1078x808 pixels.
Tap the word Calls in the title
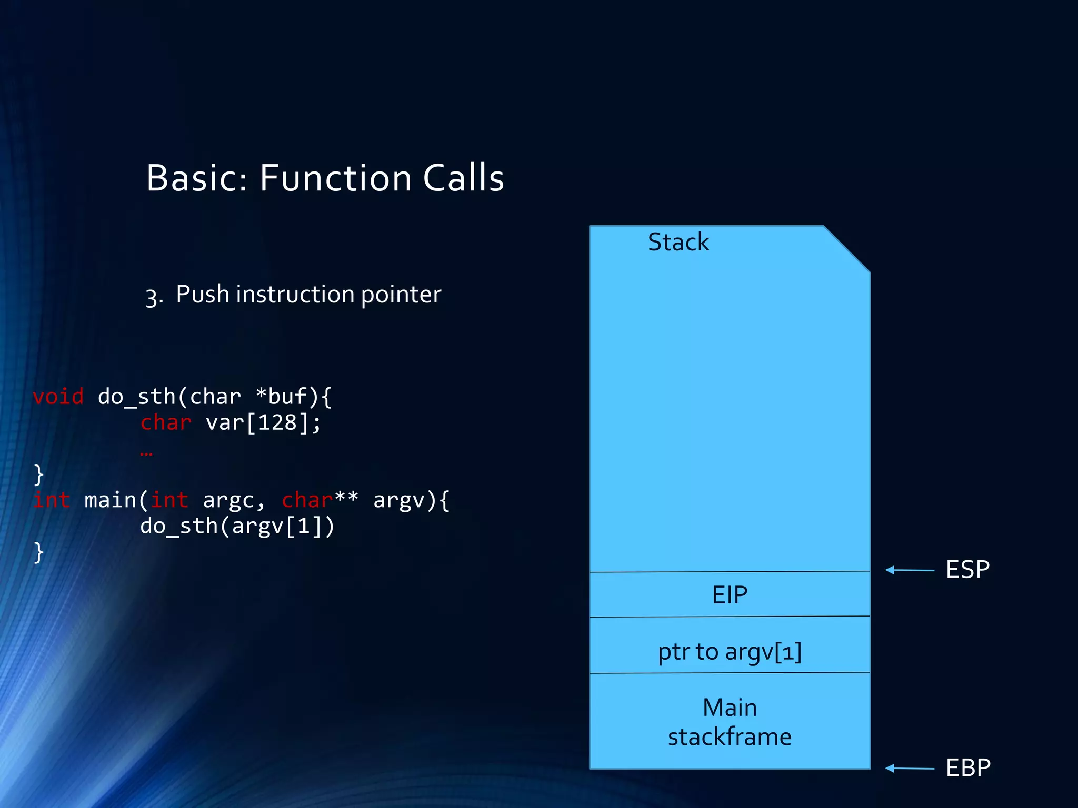tap(463, 178)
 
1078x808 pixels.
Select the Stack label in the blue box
tap(678, 243)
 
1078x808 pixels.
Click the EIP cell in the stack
tap(730, 595)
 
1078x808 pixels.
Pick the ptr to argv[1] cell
tap(730, 652)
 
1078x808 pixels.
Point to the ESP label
tap(967, 570)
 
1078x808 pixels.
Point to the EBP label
tap(967, 768)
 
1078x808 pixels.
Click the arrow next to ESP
tap(909, 570)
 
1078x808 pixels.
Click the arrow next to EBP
tap(909, 768)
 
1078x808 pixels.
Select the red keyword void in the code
tap(58, 397)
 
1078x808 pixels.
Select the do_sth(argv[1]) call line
tap(237, 526)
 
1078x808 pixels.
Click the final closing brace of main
tap(38, 552)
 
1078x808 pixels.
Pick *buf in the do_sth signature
tap(281, 397)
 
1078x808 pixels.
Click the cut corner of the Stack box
tap(847, 249)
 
